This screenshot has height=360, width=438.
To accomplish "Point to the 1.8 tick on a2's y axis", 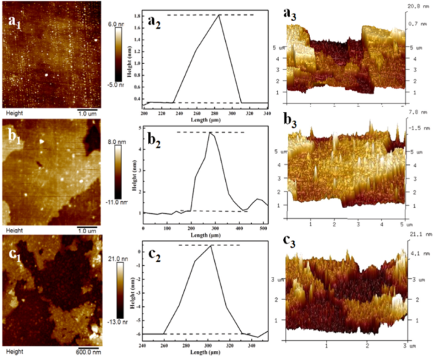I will (x=137, y=14).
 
